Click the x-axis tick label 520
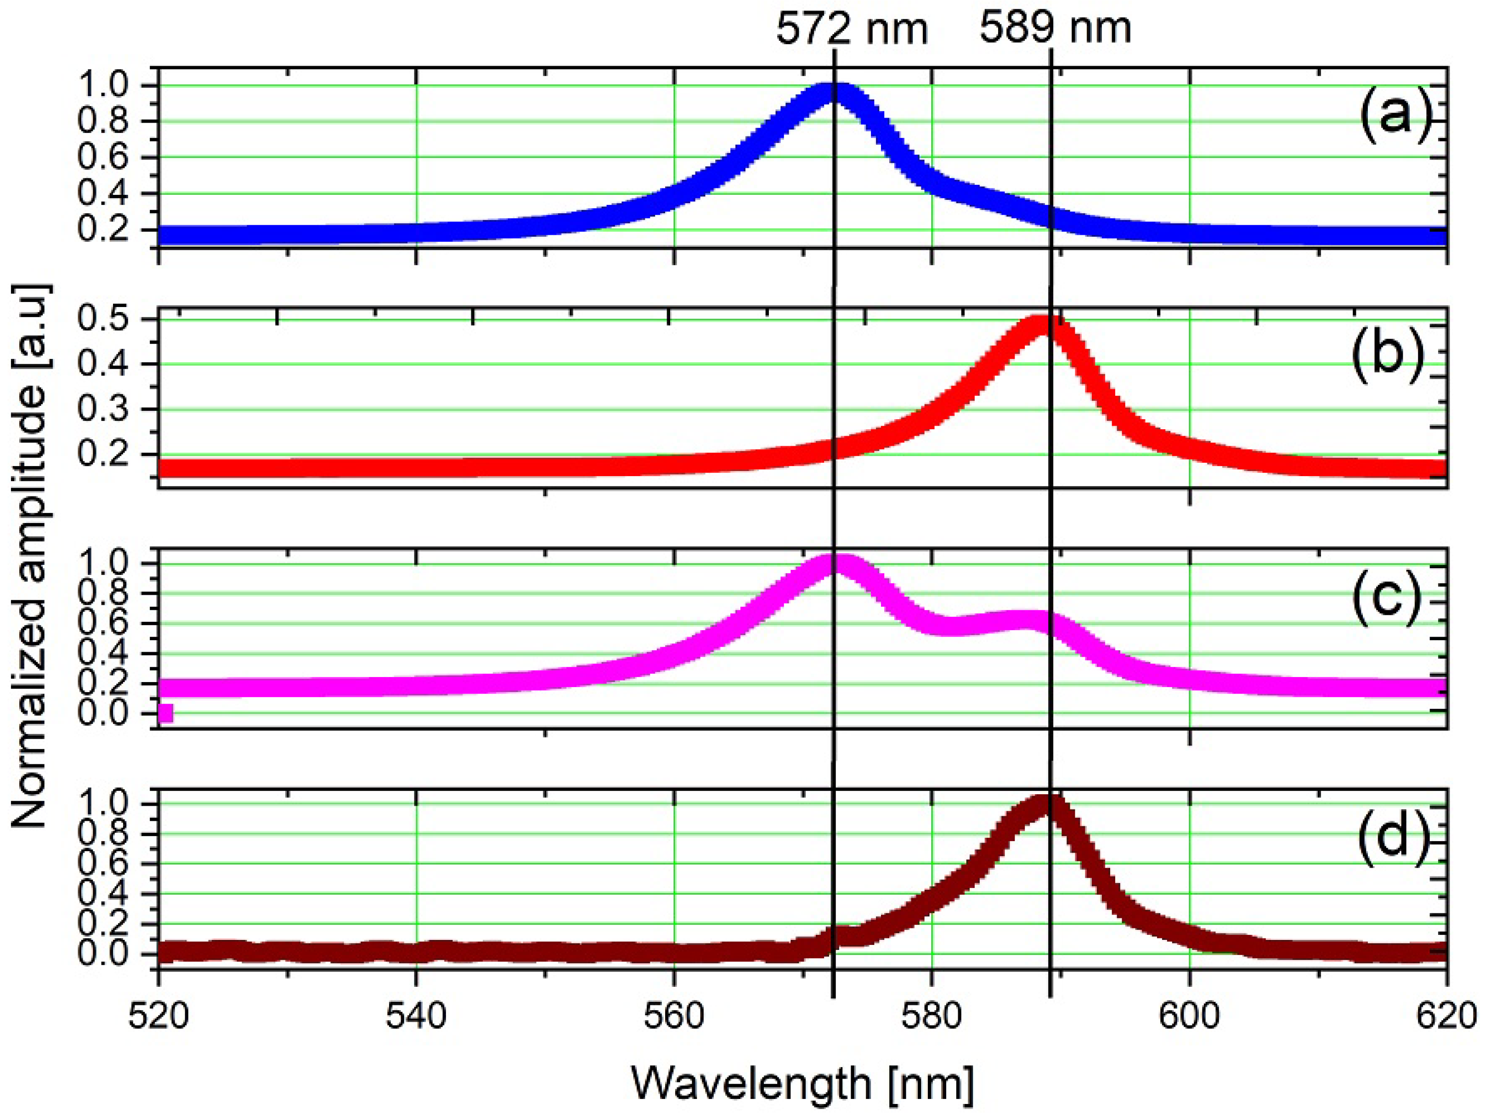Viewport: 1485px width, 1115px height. pyautogui.click(x=158, y=1016)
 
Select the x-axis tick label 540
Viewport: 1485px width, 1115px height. pyautogui.click(x=416, y=1016)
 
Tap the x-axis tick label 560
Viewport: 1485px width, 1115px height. pyautogui.click(x=673, y=1016)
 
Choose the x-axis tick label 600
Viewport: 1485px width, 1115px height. pyautogui.click(x=1189, y=1016)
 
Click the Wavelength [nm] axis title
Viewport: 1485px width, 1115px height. pyautogui.click(x=802, y=1083)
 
